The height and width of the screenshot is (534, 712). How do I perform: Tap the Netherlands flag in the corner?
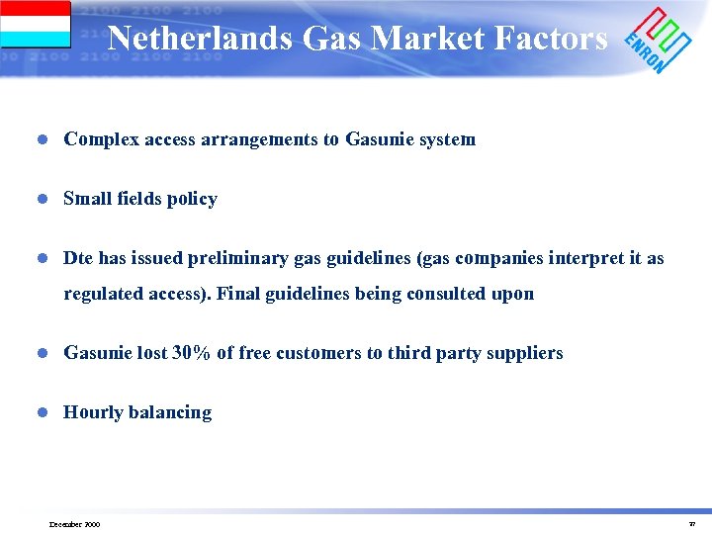click(x=36, y=24)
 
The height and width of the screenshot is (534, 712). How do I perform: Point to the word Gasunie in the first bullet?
click(x=379, y=139)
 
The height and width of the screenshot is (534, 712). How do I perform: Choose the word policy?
click(x=192, y=199)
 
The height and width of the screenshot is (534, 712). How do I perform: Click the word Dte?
click(x=78, y=258)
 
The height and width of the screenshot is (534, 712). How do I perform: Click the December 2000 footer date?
click(x=74, y=524)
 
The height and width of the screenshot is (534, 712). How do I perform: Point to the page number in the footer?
click(x=692, y=524)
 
